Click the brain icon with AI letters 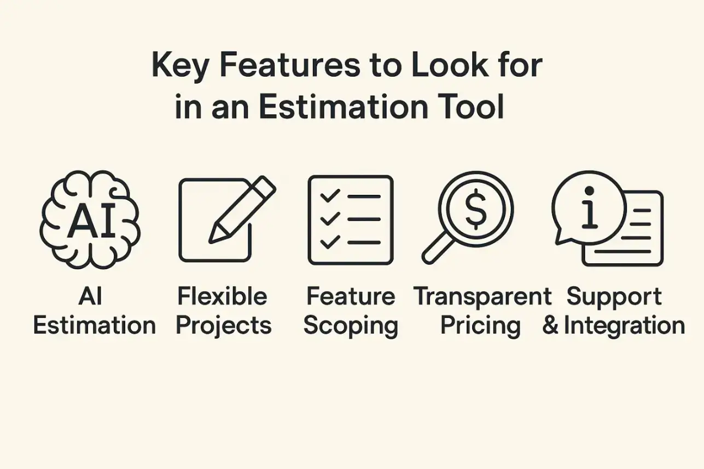tap(91, 219)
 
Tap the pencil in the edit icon tap(241, 211)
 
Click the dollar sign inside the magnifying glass tap(475, 209)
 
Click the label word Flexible tap(222, 297)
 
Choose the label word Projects tap(224, 326)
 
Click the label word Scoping tap(351, 326)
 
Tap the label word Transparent tap(482, 297)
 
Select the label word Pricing tap(480, 326)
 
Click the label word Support tap(614, 297)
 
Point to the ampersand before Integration tap(551, 326)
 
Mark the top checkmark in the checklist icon tap(330, 196)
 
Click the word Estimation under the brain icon tap(94, 325)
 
